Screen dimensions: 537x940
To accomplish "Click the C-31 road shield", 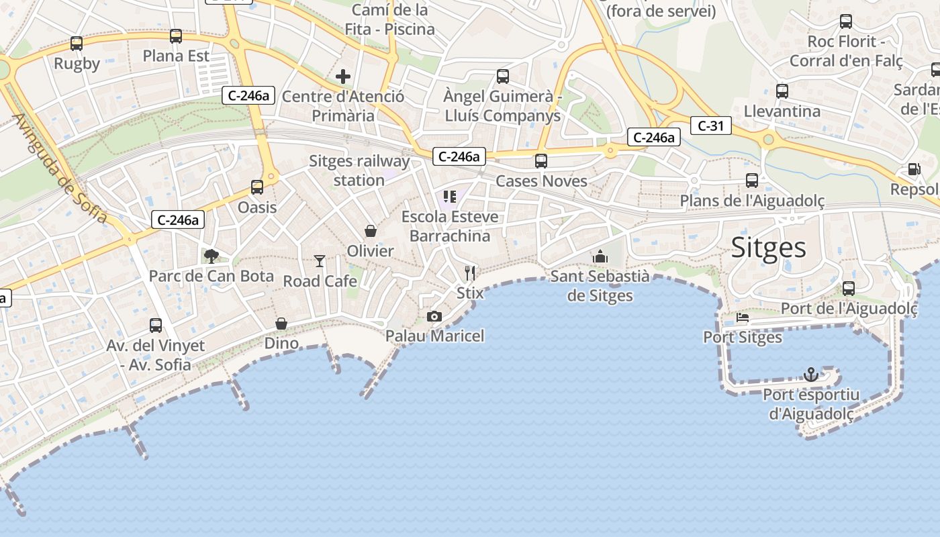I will pyautogui.click(x=710, y=125).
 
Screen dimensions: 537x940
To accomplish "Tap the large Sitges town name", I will pyautogui.click(x=768, y=248).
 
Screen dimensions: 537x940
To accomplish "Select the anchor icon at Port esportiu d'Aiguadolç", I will pyautogui.click(x=811, y=374).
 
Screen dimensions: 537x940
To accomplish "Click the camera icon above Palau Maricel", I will pyautogui.click(x=434, y=316).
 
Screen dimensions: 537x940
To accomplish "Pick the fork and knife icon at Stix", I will pyautogui.click(x=470, y=273).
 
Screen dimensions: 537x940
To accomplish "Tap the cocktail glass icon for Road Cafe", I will pyautogui.click(x=320, y=260).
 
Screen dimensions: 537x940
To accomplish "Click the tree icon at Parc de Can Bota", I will pyautogui.click(x=211, y=256).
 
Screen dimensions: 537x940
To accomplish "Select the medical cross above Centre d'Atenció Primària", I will pyautogui.click(x=343, y=77).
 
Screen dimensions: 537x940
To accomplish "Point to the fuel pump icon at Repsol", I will pyautogui.click(x=914, y=169).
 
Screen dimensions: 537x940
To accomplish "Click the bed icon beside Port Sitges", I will pyautogui.click(x=743, y=318).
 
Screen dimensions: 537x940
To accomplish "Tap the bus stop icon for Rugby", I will pyautogui.click(x=77, y=44).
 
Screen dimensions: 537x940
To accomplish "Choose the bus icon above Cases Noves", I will pyautogui.click(x=540, y=161).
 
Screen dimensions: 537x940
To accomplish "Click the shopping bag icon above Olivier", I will pyautogui.click(x=370, y=231).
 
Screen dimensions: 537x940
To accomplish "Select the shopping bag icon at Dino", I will pyautogui.click(x=281, y=324).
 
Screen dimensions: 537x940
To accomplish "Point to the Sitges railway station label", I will pyautogui.click(x=359, y=170).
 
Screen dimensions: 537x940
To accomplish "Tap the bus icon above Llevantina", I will pyautogui.click(x=782, y=91).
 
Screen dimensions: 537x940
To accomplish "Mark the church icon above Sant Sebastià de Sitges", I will pyautogui.click(x=600, y=256).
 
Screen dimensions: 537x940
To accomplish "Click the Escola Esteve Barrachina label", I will pyautogui.click(x=450, y=226).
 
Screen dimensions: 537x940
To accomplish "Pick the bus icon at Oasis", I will pyautogui.click(x=257, y=187).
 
